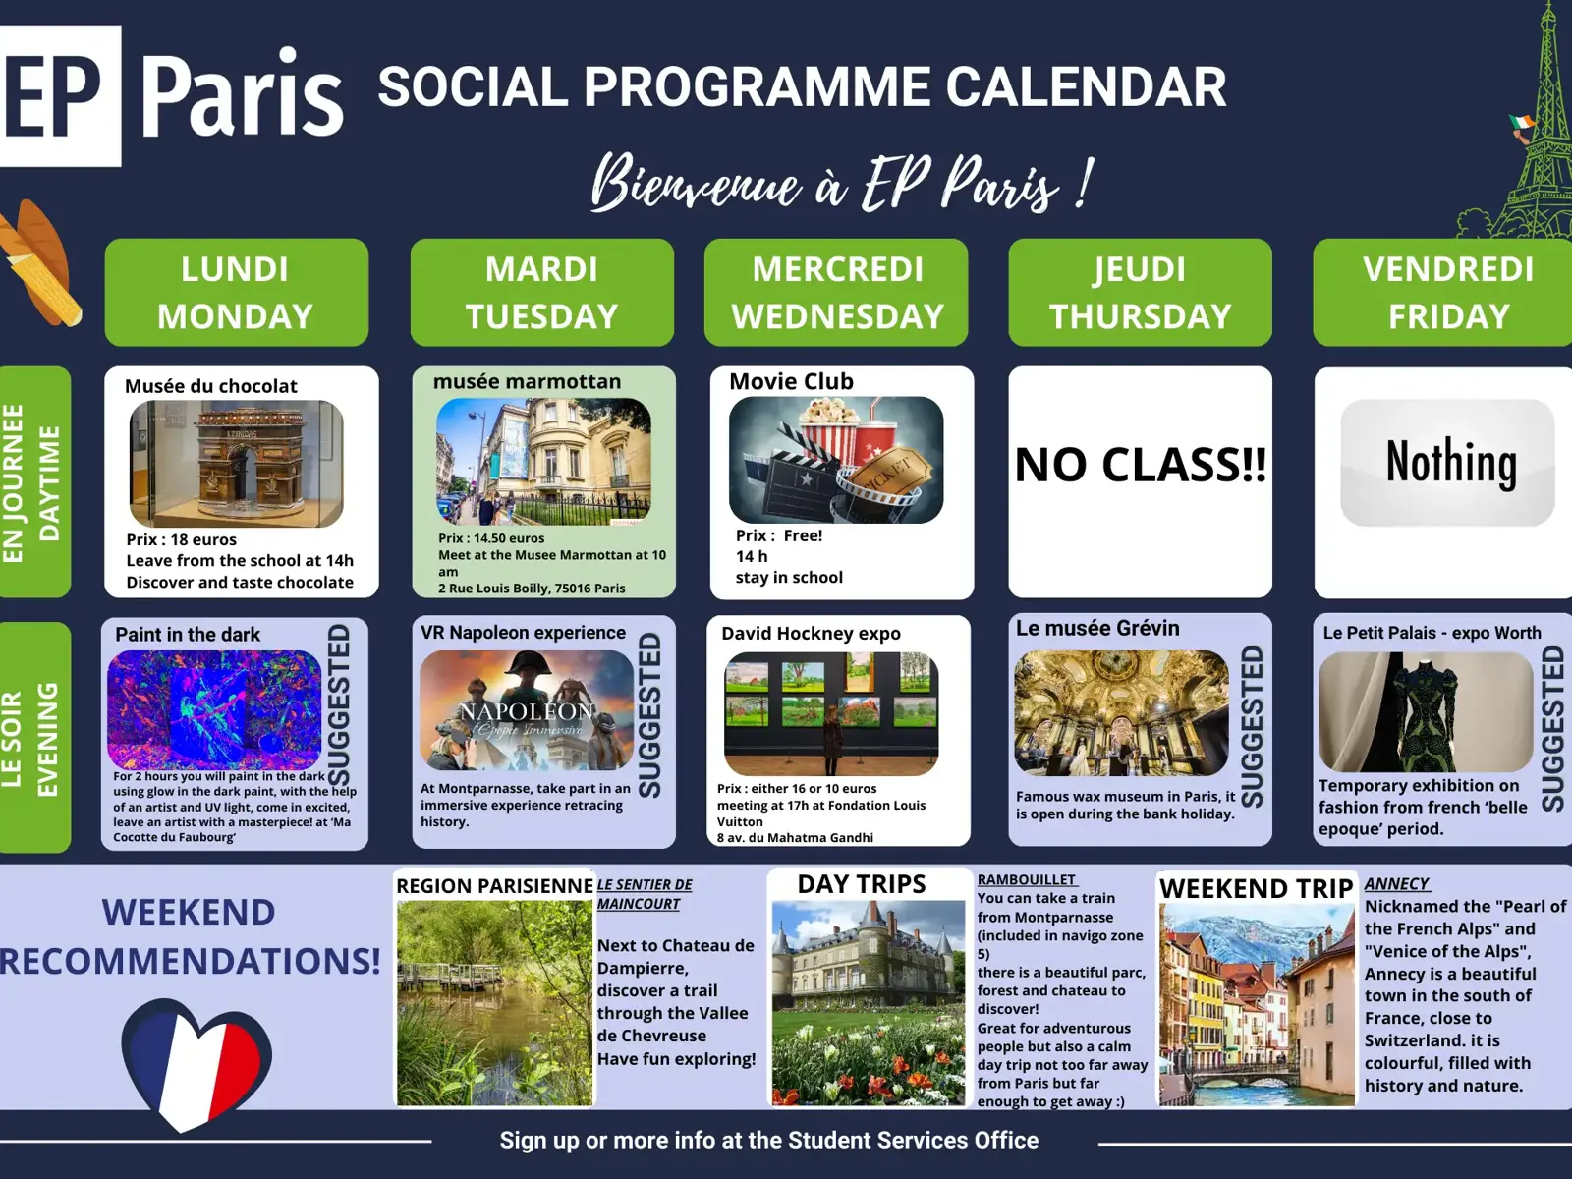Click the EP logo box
(x=60, y=96)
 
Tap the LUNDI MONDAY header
(x=237, y=292)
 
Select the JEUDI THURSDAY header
(x=1140, y=292)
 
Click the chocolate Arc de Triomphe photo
(x=237, y=463)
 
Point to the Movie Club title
(x=791, y=381)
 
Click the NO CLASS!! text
(x=1140, y=465)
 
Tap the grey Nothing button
(x=1447, y=463)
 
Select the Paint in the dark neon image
(x=214, y=710)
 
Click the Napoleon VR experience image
(x=527, y=710)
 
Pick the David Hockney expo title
(x=811, y=634)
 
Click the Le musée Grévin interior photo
(x=1122, y=713)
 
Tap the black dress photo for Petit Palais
(x=1426, y=711)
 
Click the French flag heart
(x=196, y=1064)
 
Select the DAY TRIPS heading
(x=862, y=884)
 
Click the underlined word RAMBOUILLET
(x=1027, y=879)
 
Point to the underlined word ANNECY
(x=1396, y=884)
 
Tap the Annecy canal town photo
(x=1257, y=1004)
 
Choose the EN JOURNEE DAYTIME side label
(x=33, y=481)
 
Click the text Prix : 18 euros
(x=181, y=539)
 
